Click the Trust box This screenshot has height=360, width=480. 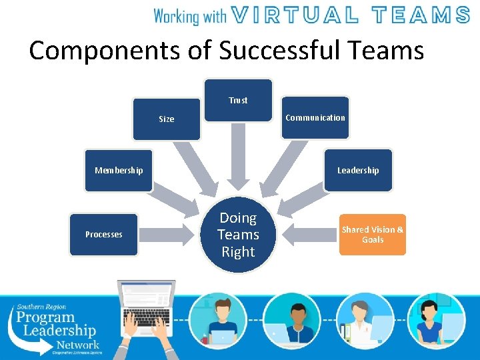pyautogui.click(x=238, y=100)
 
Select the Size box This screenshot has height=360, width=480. pyautogui.click(x=166, y=119)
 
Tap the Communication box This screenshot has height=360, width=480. pyautogui.click(x=315, y=117)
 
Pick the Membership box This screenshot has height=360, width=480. pyautogui.click(x=119, y=170)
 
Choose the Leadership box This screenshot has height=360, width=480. pyautogui.click(x=358, y=170)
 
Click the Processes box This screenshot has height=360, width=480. pyautogui.click(x=104, y=234)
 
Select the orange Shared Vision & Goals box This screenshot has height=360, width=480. pyautogui.click(x=372, y=234)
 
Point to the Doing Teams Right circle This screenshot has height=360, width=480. pyautogui.click(x=238, y=235)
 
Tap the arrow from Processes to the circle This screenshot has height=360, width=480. pyautogui.click(x=171, y=235)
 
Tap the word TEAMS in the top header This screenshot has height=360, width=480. pyautogui.click(x=421, y=15)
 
